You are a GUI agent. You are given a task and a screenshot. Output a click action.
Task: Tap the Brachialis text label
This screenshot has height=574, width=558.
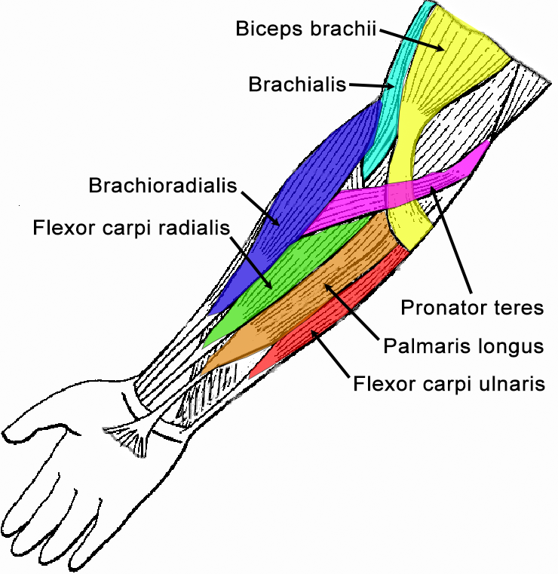(297, 84)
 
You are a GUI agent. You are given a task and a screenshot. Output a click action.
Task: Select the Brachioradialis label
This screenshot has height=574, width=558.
(162, 186)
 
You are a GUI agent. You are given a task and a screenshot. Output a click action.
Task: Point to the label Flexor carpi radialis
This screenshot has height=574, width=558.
(130, 227)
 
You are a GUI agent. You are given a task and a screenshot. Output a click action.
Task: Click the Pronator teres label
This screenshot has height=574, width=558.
(471, 308)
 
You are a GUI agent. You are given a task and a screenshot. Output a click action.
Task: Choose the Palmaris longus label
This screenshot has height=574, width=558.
(463, 346)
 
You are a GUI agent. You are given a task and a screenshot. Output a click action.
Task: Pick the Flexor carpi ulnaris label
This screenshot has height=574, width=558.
(449, 384)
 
